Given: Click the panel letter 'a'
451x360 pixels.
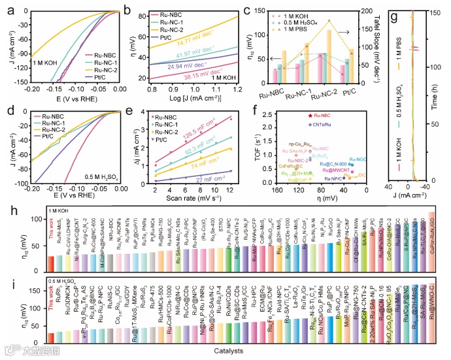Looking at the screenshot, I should (8, 10).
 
